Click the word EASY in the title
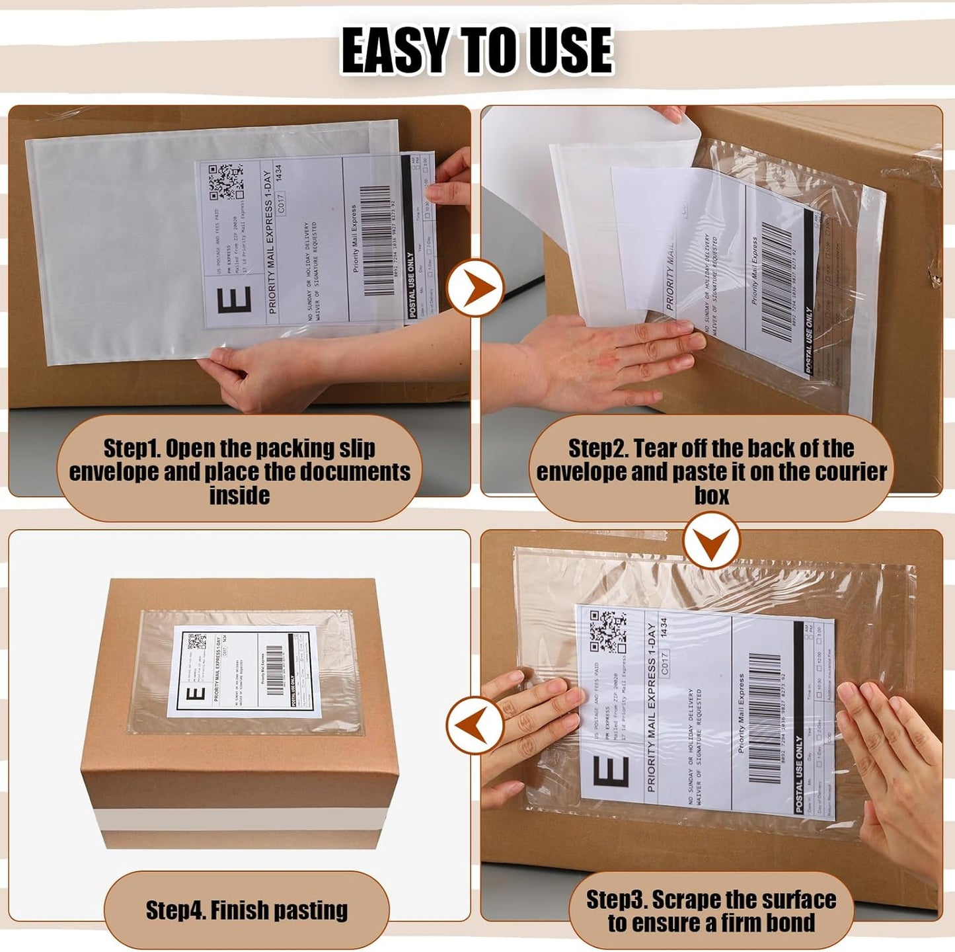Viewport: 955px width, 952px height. pyautogui.click(x=395, y=51)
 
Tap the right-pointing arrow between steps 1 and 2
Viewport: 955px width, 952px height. pyautogui.click(x=475, y=288)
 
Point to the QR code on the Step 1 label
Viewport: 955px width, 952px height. pyautogui.click(x=225, y=181)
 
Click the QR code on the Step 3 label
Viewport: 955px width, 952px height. pyautogui.click(x=607, y=631)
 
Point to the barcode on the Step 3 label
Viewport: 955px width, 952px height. pyautogui.click(x=765, y=717)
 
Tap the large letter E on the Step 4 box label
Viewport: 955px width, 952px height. pyautogui.click(x=196, y=694)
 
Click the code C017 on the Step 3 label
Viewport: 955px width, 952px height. pyautogui.click(x=664, y=664)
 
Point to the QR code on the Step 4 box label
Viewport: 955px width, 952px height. pyautogui.click(x=197, y=641)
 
